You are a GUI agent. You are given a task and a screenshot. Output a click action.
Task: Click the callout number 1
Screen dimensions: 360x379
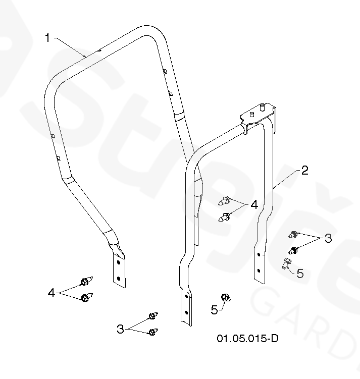(47, 38)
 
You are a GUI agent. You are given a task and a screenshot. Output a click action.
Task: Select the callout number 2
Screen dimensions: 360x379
(304, 170)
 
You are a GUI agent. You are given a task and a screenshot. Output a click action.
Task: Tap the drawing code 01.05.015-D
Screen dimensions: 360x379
(247, 338)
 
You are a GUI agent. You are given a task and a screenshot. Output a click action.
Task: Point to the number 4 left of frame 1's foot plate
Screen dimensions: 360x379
(51, 292)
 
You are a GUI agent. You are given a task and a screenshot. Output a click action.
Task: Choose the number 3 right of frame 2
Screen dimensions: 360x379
(328, 238)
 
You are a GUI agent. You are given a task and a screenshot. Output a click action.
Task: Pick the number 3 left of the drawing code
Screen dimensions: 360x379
(120, 329)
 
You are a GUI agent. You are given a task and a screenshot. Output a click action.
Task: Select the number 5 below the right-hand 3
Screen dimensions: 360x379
(300, 273)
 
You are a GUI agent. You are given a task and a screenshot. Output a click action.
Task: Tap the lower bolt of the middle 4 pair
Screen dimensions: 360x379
(226, 218)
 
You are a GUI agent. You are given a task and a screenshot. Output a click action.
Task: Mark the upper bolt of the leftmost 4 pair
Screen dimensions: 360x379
(85, 281)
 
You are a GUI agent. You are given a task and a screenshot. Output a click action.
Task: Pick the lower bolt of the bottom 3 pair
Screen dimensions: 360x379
(152, 332)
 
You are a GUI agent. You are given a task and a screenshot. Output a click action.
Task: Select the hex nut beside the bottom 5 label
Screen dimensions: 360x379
(226, 298)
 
